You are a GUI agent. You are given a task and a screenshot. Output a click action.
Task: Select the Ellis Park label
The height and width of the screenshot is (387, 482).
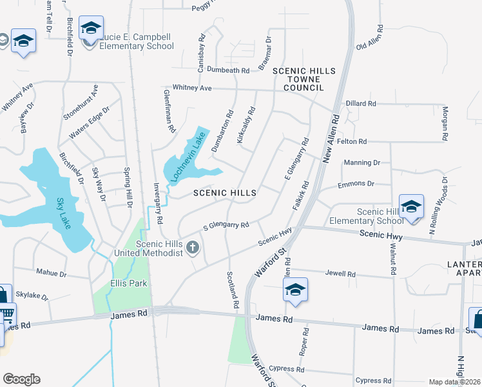[x=128, y=283]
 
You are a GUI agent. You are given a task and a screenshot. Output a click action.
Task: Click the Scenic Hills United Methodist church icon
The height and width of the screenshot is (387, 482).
[x=192, y=246]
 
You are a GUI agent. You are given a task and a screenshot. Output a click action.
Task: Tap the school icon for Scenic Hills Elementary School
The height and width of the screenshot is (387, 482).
[x=411, y=206]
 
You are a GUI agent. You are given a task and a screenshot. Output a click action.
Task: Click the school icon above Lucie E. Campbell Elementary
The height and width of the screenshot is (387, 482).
[x=91, y=28]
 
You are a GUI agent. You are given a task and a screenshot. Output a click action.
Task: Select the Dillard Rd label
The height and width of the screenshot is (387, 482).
[x=361, y=103]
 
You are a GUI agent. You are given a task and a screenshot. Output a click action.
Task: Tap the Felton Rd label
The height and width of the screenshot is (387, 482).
[x=352, y=141]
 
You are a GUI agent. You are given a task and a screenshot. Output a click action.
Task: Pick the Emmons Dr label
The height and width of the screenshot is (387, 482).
[x=356, y=184]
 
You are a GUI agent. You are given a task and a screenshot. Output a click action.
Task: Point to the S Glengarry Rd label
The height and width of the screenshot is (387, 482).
[x=226, y=226]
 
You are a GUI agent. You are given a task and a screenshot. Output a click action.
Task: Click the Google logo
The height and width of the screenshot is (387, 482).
[x=21, y=379]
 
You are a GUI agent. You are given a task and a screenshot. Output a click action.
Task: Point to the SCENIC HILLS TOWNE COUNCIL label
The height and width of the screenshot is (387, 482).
[x=297, y=79]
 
